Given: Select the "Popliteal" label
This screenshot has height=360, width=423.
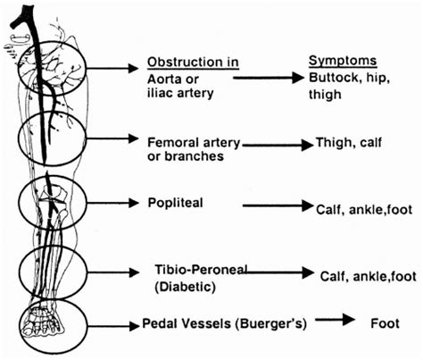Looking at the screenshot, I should click(176, 203).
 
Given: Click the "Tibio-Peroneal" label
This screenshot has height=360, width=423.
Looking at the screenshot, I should click(196, 271).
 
